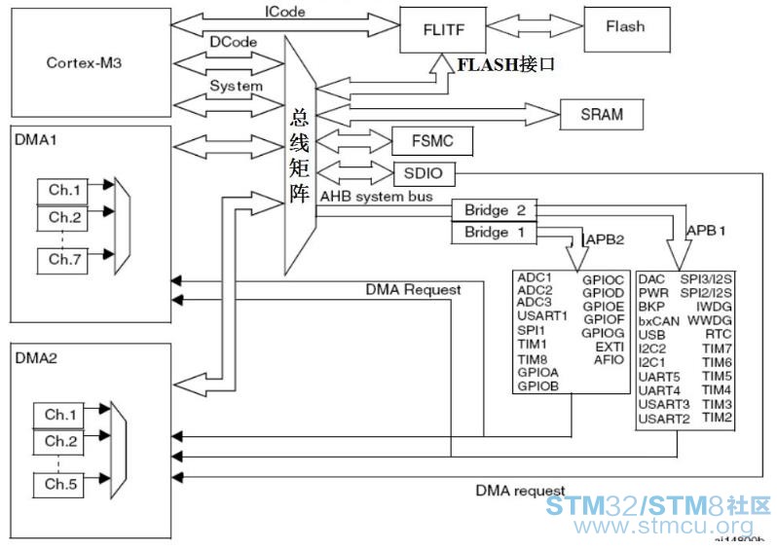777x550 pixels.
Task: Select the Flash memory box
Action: coord(624,27)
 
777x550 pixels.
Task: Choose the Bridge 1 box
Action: coord(494,233)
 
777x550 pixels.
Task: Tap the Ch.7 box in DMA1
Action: coord(64,259)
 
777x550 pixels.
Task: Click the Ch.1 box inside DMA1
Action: coord(64,190)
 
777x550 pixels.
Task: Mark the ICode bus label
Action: coord(285,13)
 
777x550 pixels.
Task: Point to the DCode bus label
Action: coord(235,44)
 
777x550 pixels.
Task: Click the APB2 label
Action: coord(603,239)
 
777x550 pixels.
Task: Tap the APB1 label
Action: coord(707,232)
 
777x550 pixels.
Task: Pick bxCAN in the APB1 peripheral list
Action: coord(658,320)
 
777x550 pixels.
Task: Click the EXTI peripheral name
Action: coord(609,347)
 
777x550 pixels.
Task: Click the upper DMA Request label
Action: coord(413,289)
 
